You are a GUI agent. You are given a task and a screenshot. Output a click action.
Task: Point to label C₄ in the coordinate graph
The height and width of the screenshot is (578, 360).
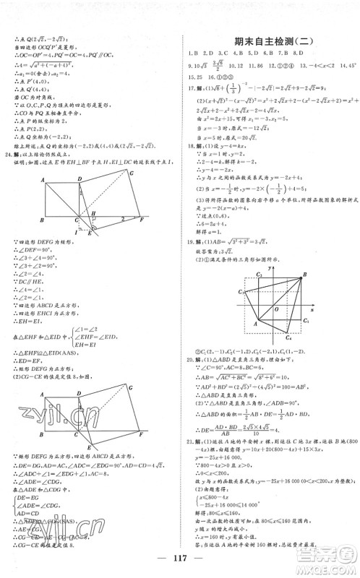coord(288,337)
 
